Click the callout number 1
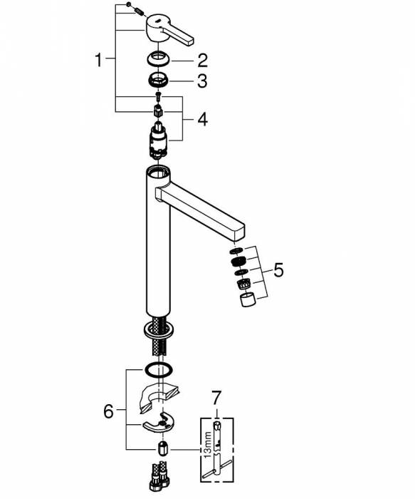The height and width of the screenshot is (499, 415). [x=99, y=60]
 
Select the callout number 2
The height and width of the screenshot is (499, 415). [x=202, y=60]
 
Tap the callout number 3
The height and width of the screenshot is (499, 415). [x=202, y=81]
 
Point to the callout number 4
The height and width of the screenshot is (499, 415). [x=202, y=119]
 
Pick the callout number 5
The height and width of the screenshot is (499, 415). [x=278, y=270]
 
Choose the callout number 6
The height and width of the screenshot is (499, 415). [x=108, y=411]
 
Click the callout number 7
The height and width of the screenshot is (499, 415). [x=216, y=398]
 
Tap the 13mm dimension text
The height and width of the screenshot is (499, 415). [x=208, y=445]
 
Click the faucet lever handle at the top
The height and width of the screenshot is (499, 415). [x=169, y=29]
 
